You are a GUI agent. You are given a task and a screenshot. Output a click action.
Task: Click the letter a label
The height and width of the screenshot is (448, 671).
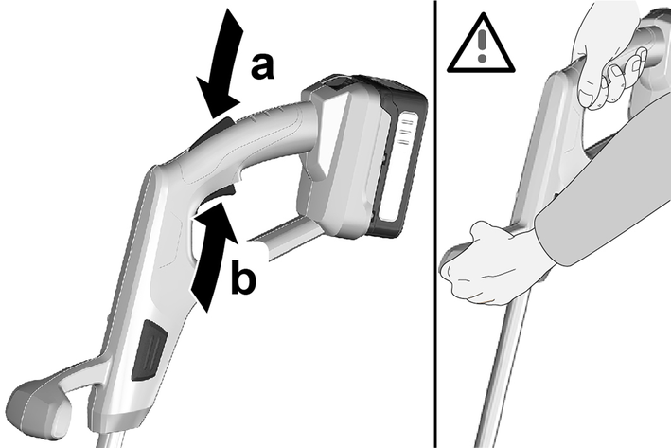[261, 66]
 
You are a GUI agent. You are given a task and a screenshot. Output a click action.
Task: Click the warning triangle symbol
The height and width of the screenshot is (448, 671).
[481, 45]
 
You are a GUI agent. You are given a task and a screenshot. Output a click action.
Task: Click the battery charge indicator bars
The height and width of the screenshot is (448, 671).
[405, 132]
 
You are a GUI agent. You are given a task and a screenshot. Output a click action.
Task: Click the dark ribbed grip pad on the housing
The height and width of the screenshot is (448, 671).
[149, 350]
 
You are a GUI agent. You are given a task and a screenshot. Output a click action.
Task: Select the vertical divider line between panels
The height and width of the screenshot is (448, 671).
[435, 224]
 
